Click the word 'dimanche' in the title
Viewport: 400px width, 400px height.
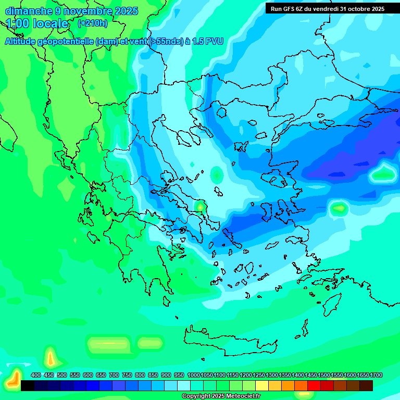tap(29, 11)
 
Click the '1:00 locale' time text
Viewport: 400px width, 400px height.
tap(37, 23)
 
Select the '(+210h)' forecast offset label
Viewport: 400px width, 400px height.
tap(92, 23)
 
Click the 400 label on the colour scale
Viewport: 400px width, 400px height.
tap(36, 376)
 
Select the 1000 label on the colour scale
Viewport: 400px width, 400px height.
tap(193, 376)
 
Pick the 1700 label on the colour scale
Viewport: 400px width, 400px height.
tap(376, 376)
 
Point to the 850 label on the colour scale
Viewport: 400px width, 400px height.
tap(153, 376)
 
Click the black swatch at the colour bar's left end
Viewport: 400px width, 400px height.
tap(28, 385)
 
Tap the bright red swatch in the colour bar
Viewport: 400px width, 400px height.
tap(314, 385)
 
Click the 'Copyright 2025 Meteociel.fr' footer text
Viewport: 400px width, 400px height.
tap(221, 396)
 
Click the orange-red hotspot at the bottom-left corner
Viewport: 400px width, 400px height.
tap(14, 379)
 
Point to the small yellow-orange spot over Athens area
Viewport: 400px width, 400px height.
tap(200, 207)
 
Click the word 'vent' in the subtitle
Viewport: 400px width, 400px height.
tap(137, 42)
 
